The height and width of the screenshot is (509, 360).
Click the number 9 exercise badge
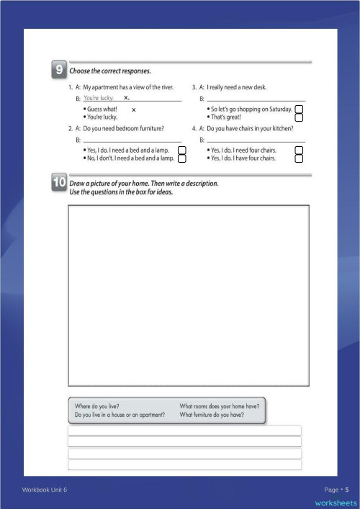(x=58, y=70)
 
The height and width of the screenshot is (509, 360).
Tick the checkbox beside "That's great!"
(x=299, y=117)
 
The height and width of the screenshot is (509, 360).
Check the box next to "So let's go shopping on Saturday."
(x=299, y=109)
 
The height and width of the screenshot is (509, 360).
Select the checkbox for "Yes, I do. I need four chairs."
(x=299, y=150)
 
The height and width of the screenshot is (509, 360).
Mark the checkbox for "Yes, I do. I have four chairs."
(x=299, y=158)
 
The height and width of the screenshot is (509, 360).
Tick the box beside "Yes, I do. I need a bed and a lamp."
(x=182, y=150)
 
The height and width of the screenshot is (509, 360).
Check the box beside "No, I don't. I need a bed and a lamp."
(x=182, y=158)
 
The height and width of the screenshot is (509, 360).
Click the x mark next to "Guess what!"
(x=134, y=109)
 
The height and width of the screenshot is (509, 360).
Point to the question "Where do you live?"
(x=97, y=405)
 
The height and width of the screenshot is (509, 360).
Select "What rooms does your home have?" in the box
(x=220, y=405)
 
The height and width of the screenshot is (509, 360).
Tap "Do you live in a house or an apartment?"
(x=120, y=415)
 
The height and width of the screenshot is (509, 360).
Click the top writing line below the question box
(x=184, y=431)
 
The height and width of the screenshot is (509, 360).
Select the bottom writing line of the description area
(x=184, y=464)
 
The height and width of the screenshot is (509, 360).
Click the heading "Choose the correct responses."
(x=110, y=71)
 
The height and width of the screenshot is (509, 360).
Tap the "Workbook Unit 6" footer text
(x=44, y=490)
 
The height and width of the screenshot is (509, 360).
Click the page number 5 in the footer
(x=346, y=490)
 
